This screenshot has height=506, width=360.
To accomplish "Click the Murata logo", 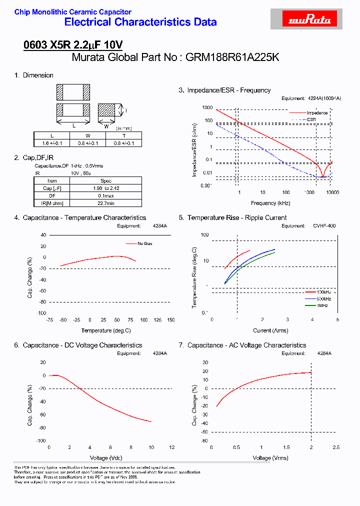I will point(310,19).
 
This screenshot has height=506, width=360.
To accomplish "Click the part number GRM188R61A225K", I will point(232,57).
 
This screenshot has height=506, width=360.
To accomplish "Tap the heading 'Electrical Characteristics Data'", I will point(140,22).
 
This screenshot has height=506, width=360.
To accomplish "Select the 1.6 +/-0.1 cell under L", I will point(52,143).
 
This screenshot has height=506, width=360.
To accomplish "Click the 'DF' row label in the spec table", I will point(52,195).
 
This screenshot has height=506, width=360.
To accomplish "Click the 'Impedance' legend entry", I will point(317,113).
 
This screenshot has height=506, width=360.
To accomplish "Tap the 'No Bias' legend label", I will point(145,243).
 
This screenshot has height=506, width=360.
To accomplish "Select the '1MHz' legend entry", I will point(322,305).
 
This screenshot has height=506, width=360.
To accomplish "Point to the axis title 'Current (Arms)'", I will point(270,330).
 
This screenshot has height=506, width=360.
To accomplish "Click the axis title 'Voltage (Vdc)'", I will point(106,458).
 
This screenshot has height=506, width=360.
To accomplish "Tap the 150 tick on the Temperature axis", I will point(170,320).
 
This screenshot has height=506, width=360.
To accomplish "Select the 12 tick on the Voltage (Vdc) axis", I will point(171,447).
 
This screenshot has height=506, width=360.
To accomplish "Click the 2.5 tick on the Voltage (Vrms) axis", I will point(336,447).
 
